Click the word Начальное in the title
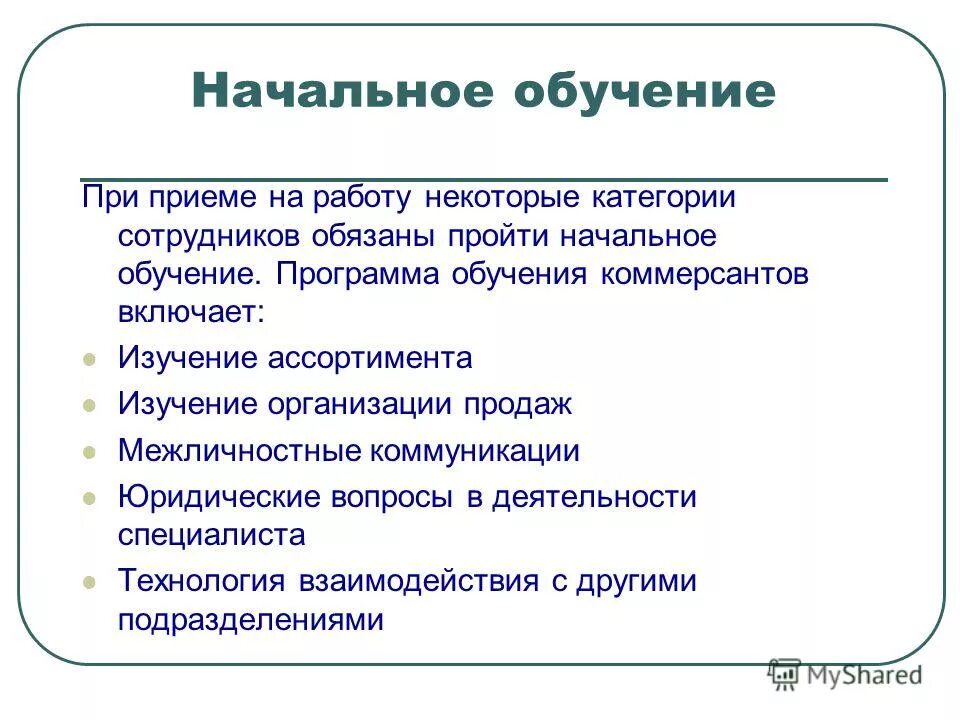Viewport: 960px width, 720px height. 340,92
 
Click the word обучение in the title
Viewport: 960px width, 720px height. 644,92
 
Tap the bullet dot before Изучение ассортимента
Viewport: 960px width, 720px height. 90,359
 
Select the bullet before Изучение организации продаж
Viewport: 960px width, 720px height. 90,406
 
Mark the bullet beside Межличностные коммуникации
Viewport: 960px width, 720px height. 90,452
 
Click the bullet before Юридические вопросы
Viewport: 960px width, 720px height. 90,498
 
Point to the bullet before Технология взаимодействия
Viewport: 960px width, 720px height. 90,582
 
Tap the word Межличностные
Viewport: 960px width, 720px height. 240,451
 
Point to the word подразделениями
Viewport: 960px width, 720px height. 250,620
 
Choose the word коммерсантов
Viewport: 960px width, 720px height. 704,275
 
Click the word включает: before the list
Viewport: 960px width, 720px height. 191,312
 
